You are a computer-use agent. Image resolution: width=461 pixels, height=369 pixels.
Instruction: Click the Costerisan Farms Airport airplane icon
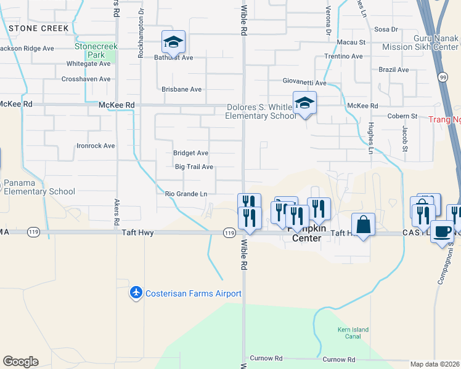[136, 293]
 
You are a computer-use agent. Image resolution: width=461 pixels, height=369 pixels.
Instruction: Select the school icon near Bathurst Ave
[173, 42]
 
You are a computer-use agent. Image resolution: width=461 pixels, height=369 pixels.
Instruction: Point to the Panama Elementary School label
[39, 187]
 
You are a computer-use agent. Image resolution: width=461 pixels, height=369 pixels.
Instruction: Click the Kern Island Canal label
[353, 333]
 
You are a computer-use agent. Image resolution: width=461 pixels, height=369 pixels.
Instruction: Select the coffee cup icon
[441, 231]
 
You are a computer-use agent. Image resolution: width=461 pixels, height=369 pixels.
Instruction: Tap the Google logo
[20, 362]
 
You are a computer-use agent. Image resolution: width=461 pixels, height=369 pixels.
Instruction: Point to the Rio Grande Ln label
[186, 194]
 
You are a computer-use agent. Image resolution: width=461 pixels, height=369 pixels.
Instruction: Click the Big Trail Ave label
[194, 167]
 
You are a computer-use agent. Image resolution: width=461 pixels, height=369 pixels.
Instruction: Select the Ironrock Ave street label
[96, 146]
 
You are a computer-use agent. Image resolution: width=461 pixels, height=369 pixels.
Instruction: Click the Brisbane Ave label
[181, 89]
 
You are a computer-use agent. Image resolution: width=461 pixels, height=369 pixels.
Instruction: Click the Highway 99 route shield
[443, 77]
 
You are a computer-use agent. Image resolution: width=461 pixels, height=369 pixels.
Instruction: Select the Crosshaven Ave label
[86, 79]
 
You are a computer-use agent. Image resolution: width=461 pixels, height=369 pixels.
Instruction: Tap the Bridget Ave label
[190, 153]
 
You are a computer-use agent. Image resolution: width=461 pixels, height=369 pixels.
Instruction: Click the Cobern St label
[402, 116]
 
